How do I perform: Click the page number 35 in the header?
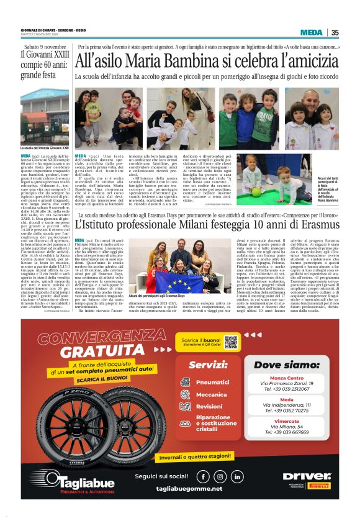tap(335, 33)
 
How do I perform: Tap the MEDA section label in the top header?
tap(311, 33)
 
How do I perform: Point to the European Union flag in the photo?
tap(179, 280)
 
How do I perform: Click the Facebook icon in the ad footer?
tap(203, 477)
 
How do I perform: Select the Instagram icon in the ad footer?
tap(220, 477)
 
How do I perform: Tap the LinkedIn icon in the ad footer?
tap(236, 477)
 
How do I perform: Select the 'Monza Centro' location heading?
tap(287, 378)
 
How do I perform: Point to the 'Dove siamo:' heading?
tap(286, 365)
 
